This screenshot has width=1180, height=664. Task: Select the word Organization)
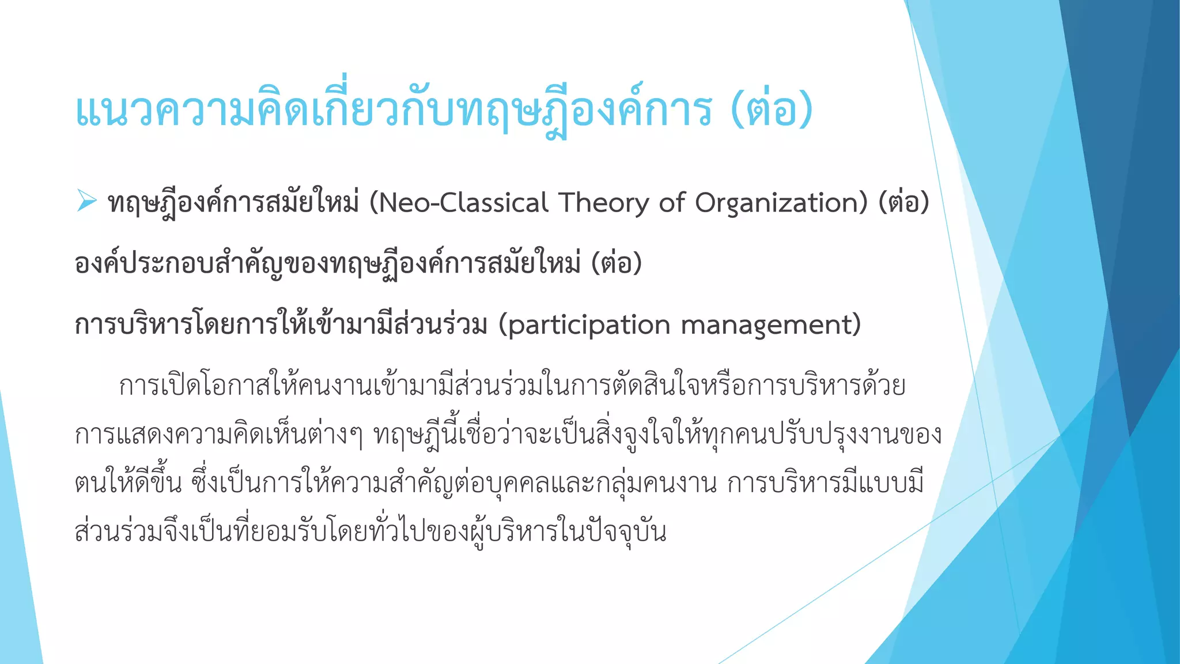pyautogui.click(x=781, y=203)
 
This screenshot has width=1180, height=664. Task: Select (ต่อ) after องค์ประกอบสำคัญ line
pyautogui.click(x=617, y=264)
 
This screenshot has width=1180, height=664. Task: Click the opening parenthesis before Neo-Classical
pyautogui.click(x=373, y=203)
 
